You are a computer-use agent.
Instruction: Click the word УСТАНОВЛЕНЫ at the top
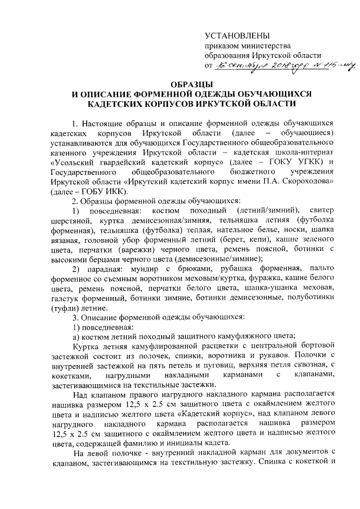click(237, 35)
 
